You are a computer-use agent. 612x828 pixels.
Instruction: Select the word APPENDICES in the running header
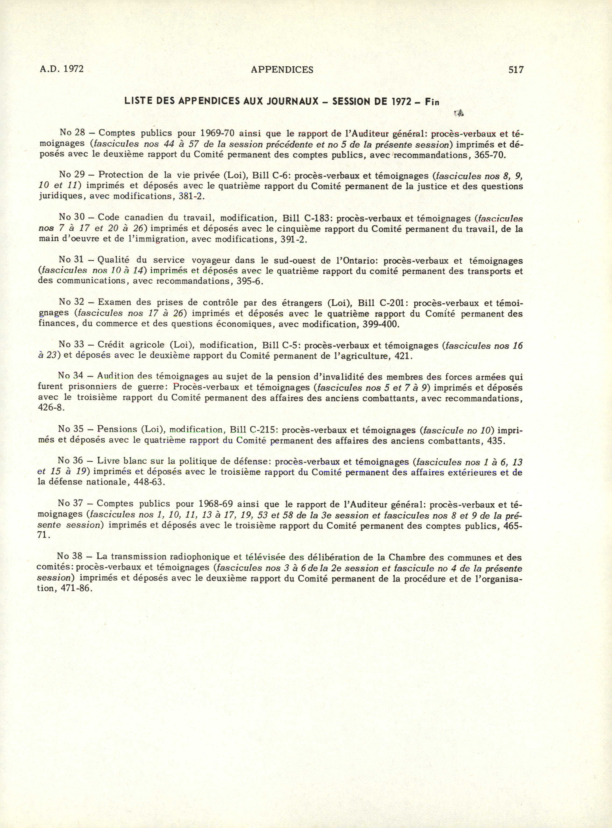282,70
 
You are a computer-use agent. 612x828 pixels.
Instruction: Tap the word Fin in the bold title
432,102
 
